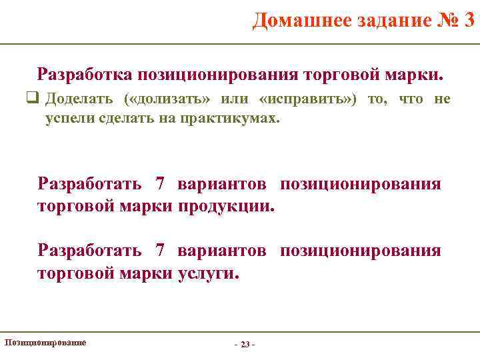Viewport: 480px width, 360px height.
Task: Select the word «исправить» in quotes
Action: pyautogui.click(x=307, y=99)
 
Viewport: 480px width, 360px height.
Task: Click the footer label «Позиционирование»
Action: pyautogui.click(x=45, y=342)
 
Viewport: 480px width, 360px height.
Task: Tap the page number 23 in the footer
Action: pyautogui.click(x=245, y=344)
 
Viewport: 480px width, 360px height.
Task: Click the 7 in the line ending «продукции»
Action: pyautogui.click(x=159, y=184)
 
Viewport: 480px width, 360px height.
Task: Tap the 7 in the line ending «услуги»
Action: pyautogui.click(x=159, y=251)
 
